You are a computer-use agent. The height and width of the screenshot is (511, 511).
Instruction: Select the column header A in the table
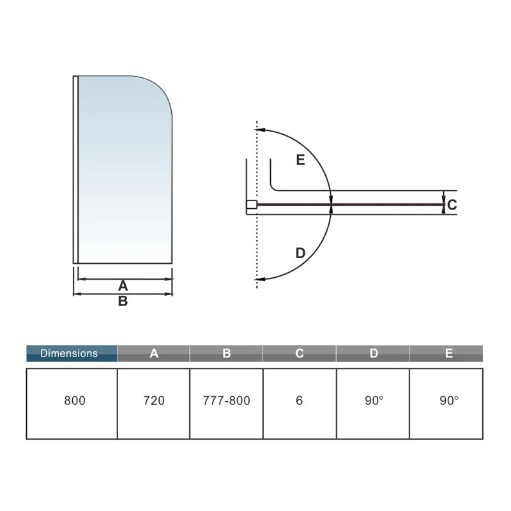pos(154,354)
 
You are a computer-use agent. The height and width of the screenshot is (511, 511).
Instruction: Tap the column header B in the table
pos(227,354)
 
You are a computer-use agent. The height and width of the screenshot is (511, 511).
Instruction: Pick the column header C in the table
pos(300,354)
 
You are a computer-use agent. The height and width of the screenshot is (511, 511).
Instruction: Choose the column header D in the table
pos(374,354)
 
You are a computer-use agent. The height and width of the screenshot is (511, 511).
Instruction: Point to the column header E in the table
pos(449,354)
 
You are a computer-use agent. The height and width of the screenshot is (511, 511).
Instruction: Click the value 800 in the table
pos(75,400)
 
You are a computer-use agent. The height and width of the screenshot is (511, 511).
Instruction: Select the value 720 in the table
pos(154,400)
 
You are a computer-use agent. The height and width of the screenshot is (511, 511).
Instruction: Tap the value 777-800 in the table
pos(227,400)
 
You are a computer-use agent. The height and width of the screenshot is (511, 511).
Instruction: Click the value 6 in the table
pos(300,400)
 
